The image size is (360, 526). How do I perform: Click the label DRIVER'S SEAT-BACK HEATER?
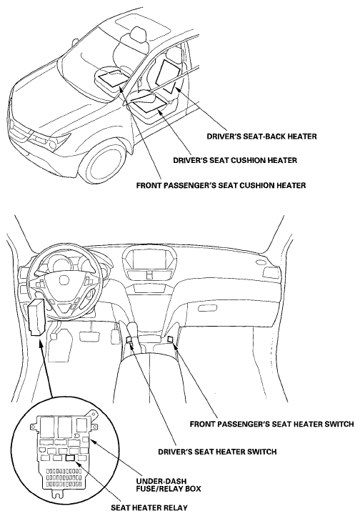click(x=261, y=137)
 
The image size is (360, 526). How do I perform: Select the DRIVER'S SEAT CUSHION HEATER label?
click(x=235, y=160)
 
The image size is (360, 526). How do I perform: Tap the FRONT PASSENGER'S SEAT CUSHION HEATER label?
click(x=221, y=185)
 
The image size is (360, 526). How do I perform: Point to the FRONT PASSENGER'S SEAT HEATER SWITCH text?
click(x=272, y=424)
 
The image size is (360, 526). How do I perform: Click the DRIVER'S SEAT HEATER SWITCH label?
click(x=218, y=452)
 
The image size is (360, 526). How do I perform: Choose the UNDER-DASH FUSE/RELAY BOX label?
click(x=169, y=485)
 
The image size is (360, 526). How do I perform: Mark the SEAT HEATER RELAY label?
click(x=149, y=507)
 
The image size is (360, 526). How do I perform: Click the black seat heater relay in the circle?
click(x=71, y=459)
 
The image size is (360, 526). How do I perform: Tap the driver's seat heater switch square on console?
click(x=130, y=339)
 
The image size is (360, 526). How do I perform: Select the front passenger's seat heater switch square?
click(x=170, y=339)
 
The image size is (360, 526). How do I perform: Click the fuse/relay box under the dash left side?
click(x=36, y=317)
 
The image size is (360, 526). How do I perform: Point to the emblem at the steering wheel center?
click(x=64, y=280)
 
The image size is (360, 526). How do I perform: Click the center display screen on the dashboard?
click(x=149, y=260)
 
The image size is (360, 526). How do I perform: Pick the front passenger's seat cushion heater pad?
click(x=113, y=78)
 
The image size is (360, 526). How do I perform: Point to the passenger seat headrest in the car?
click(x=136, y=34)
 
